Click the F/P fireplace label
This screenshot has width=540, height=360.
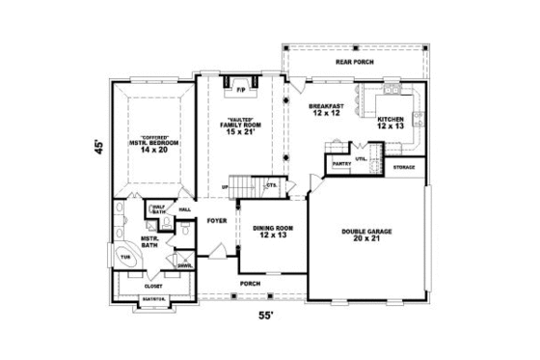tap(241, 90)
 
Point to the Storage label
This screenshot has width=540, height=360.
tap(405, 168)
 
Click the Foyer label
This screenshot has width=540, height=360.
tap(216, 220)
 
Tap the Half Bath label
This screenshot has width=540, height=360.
tap(158, 209)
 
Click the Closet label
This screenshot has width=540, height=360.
tap(154, 286)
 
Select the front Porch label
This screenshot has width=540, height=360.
tap(252, 284)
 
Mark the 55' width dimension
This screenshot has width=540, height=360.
tap(263, 316)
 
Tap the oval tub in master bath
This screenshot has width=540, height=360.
tap(126, 257)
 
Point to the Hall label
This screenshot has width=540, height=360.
tap(184, 209)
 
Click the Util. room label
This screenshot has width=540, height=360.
tap(361, 158)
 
